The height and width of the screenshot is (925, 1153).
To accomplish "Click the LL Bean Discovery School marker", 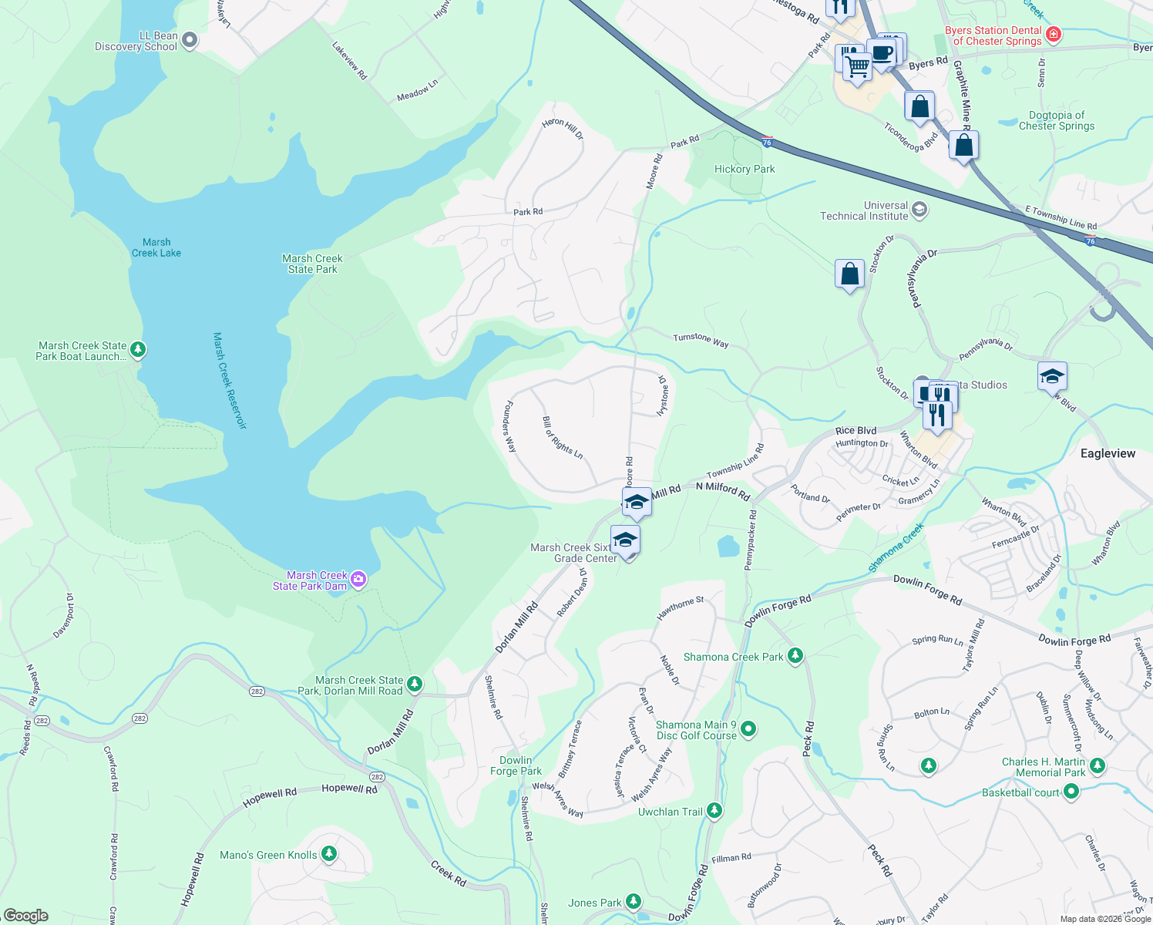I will (190, 41).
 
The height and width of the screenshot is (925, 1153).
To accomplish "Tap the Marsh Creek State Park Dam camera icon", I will (358, 580).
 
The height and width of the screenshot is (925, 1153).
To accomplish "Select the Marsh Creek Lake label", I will (156, 247).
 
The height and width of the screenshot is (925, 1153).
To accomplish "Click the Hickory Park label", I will (745, 169).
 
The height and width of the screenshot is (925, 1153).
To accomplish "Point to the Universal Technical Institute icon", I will (919, 210).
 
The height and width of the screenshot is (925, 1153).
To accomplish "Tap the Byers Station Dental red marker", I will (1054, 35).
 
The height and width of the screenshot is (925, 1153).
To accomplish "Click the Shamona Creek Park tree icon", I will (795, 656).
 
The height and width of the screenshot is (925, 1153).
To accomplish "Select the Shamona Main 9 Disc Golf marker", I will (748, 729).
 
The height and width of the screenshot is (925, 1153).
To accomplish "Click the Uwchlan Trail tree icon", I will (714, 811).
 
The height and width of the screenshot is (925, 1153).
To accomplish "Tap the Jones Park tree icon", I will (634, 901).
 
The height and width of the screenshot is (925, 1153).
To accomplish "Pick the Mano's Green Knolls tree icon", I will (329, 853).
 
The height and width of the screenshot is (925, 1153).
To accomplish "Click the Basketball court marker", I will (1071, 792).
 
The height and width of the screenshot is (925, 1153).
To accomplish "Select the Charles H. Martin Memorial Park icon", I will (1098, 766).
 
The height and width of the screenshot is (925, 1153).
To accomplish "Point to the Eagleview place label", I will (1108, 453).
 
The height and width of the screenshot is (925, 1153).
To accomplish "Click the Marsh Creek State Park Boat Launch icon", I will (138, 350).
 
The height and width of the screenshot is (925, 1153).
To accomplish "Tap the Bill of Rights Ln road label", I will (563, 438).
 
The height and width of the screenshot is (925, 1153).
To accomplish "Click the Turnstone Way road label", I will (701, 340).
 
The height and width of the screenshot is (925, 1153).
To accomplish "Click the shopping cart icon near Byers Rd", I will (857, 66).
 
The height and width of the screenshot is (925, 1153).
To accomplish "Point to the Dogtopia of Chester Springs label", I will (1056, 120).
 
